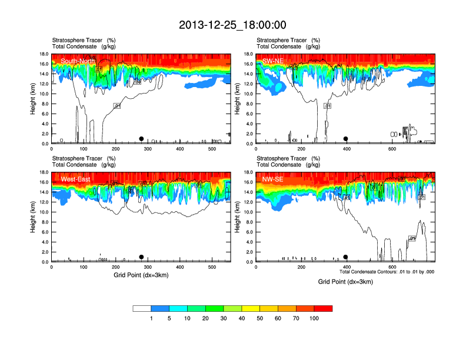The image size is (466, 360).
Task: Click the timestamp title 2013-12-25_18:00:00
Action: pos(232,25)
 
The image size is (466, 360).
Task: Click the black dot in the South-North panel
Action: pos(141,139)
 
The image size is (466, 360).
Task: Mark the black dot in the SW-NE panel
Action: pos(346,139)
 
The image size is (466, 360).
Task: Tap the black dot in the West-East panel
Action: pos(141,257)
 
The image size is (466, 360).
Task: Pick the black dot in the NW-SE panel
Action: pos(346,257)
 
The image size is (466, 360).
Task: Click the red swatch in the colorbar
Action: pos(323,308)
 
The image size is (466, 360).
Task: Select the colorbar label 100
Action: pos(314,318)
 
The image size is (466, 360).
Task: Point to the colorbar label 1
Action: pos(151,318)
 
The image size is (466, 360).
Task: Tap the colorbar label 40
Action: pos(242,318)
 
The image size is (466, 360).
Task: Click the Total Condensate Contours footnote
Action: pos(387,272)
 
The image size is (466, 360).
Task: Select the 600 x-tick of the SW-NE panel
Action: pos(392,149)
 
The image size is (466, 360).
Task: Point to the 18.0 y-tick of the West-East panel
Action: pos(43,172)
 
